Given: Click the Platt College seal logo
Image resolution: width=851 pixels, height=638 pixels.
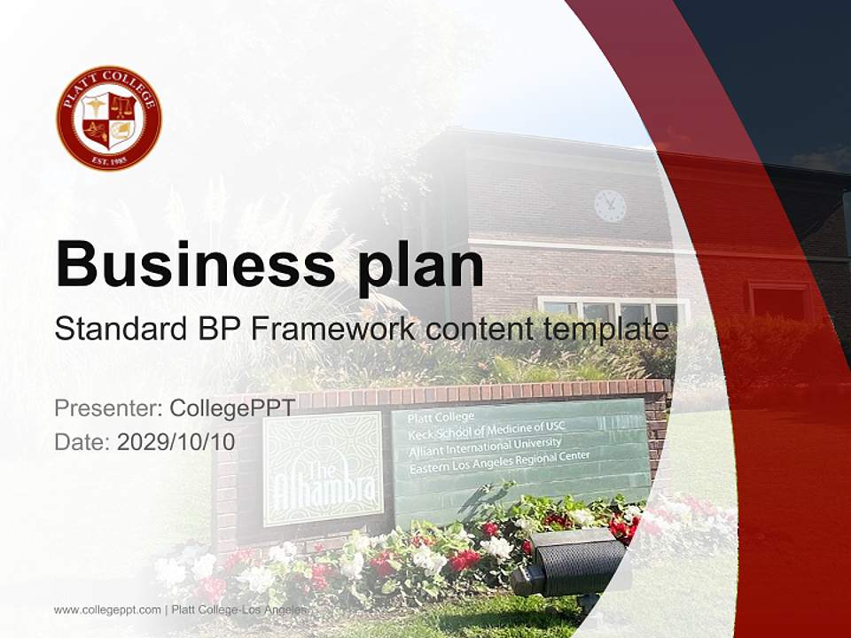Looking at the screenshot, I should point(109,118).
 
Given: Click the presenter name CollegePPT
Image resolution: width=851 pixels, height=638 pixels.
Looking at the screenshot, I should point(232,408).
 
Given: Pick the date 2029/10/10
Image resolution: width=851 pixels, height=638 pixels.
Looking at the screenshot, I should point(176,441).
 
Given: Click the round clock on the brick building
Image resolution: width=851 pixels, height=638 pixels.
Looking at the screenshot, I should point(610,206).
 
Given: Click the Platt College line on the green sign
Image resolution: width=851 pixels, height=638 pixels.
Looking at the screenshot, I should point(441,416).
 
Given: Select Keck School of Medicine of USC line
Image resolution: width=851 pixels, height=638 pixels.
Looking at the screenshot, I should point(485,430).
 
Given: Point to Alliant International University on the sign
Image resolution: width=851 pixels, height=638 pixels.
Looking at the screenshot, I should point(484,446).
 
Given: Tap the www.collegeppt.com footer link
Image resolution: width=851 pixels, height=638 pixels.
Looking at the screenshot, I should point(107,610).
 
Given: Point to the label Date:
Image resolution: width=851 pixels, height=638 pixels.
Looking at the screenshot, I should point(82,441).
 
